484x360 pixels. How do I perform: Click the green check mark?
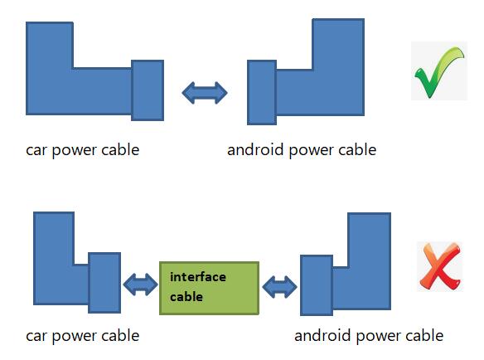click(438, 73)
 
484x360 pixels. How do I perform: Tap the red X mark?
click(438, 267)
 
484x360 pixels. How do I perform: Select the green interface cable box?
click(209, 288)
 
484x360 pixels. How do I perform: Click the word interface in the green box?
click(197, 277)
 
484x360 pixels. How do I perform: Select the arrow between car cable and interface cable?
click(139, 285)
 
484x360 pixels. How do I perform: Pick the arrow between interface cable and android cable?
click(278, 288)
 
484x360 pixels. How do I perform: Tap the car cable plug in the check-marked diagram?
click(148, 89)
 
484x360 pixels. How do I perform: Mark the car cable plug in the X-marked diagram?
click(104, 283)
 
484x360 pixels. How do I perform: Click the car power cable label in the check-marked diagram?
click(82, 150)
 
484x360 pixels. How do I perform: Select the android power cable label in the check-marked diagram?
click(301, 150)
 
